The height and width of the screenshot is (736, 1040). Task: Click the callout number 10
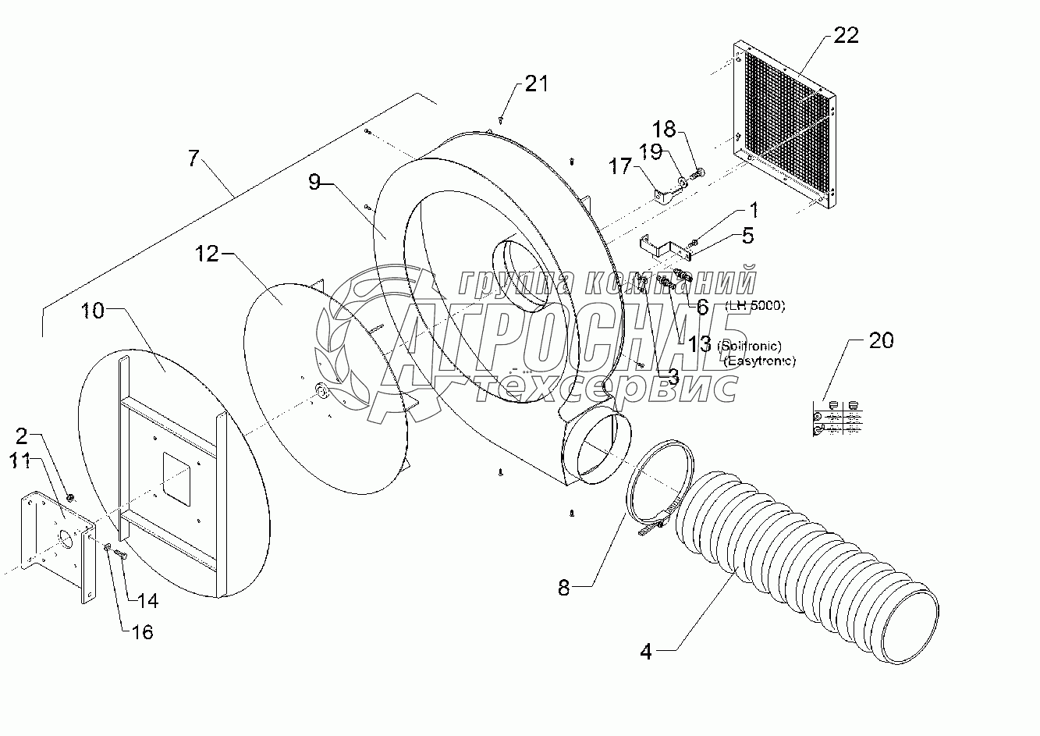coord(92,310)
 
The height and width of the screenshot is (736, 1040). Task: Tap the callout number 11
coord(30,461)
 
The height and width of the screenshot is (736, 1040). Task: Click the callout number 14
coord(147,600)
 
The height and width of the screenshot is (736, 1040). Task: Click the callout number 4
coord(645,650)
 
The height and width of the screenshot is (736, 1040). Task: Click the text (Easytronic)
coord(759,361)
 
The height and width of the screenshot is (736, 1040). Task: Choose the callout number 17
coord(619,166)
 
